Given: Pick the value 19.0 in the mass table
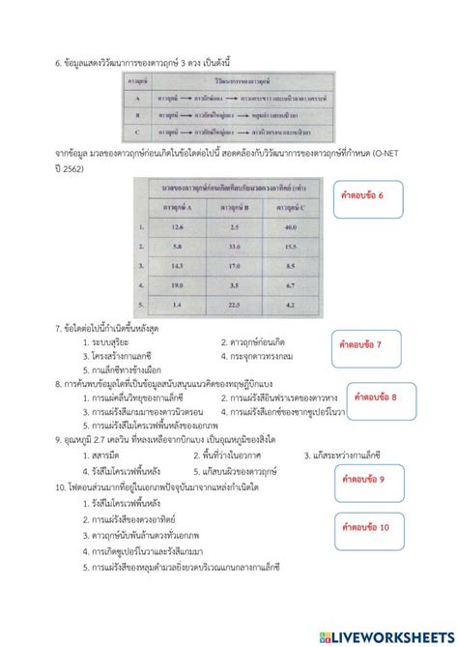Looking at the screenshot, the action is [178, 286].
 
